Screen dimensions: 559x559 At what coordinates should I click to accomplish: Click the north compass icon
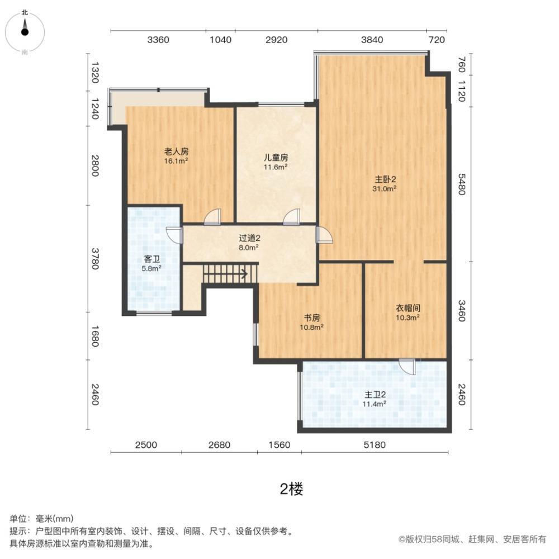(25, 31)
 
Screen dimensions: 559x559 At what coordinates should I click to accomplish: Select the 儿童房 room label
(276, 157)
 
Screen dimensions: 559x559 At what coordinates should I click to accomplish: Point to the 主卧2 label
(385, 179)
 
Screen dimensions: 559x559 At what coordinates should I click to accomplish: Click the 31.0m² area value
(385, 189)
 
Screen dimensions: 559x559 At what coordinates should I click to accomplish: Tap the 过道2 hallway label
(249, 238)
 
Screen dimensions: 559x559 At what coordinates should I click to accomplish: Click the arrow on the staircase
(244, 274)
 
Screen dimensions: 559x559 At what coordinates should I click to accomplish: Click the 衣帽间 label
(408, 308)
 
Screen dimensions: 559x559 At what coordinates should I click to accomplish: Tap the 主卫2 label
(375, 394)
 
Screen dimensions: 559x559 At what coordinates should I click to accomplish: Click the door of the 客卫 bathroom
(174, 235)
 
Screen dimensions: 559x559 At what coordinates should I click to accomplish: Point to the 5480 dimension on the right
(462, 184)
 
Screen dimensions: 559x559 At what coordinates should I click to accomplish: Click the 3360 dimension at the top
(158, 40)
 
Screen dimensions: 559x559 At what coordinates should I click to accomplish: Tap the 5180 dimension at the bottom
(375, 445)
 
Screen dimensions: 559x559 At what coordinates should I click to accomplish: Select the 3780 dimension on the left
(94, 258)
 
